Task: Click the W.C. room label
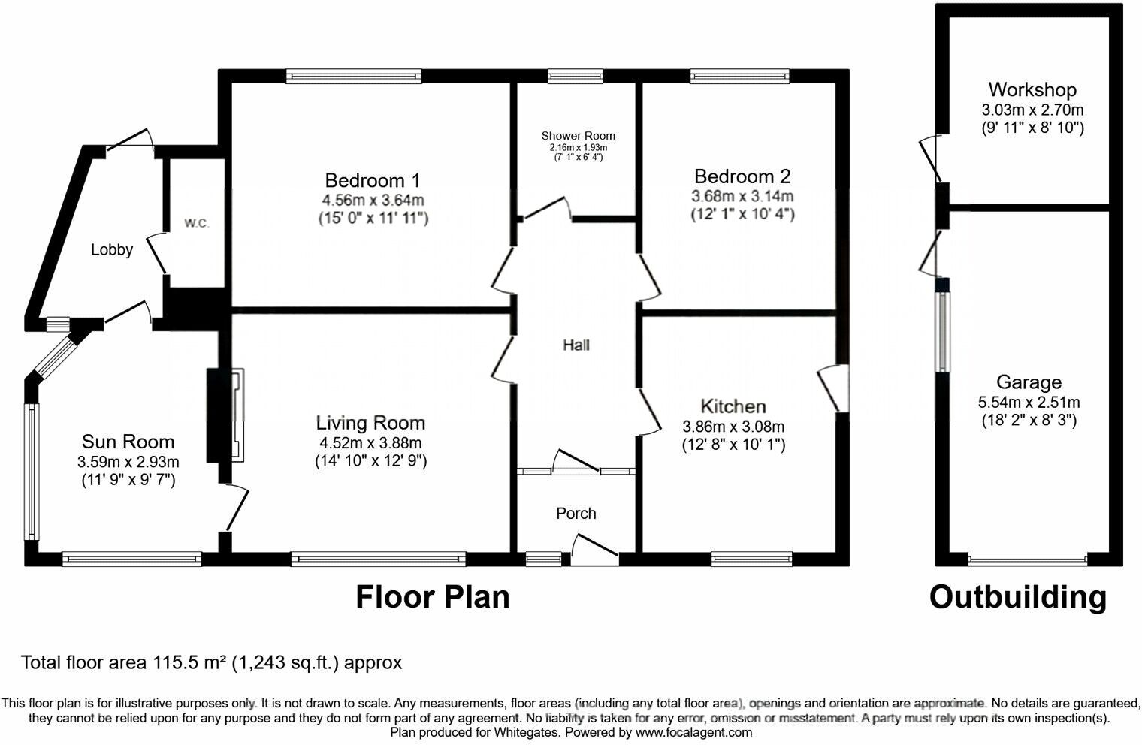click(196, 224)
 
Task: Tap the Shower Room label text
click(578, 136)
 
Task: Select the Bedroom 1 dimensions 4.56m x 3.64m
click(373, 200)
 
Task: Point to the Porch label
click(576, 514)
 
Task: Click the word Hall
click(576, 345)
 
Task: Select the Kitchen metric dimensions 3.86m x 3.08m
click(733, 426)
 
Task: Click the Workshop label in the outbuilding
click(1032, 90)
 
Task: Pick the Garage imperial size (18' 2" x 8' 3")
click(1029, 421)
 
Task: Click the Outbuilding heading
click(1017, 598)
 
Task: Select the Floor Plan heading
click(432, 598)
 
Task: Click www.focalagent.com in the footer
click(693, 732)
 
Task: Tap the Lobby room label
click(112, 250)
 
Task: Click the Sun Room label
click(128, 442)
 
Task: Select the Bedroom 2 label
click(742, 176)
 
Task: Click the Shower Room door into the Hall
click(546, 208)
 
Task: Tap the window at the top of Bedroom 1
click(354, 76)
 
